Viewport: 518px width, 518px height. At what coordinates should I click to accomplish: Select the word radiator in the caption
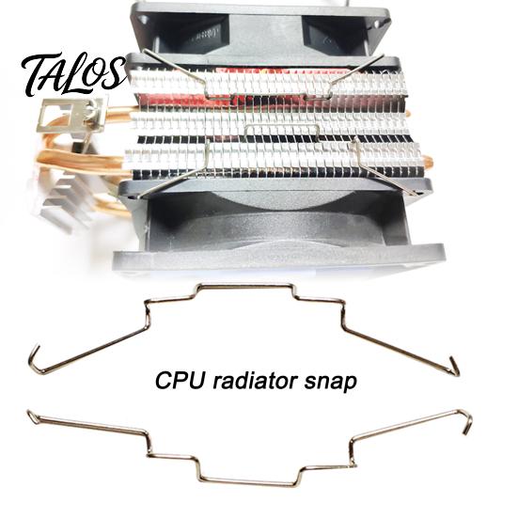(x=254, y=381)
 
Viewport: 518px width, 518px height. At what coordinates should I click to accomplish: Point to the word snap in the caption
(x=330, y=383)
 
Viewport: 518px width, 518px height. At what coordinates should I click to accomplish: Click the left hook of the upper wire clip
(x=37, y=361)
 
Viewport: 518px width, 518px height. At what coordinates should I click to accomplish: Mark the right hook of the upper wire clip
(x=453, y=366)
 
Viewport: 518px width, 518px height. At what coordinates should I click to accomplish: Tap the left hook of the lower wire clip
(x=34, y=416)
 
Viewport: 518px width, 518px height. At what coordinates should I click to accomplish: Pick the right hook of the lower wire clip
(x=465, y=421)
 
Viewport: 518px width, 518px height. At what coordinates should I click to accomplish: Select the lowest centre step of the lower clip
(x=249, y=481)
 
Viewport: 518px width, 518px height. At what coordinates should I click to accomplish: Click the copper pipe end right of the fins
(x=428, y=164)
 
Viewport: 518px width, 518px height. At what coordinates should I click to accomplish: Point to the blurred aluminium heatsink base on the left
(x=66, y=198)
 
